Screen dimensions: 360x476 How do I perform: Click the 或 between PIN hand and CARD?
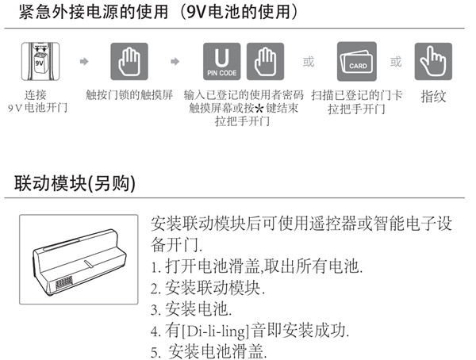tap(309, 60)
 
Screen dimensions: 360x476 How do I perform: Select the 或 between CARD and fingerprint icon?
tap(395, 60)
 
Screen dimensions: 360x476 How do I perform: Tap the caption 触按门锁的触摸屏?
tap(132, 94)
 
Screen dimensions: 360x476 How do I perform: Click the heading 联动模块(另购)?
tap(75, 183)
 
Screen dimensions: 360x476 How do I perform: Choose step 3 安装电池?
tap(190, 308)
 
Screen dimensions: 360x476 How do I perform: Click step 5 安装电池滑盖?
tap(214, 350)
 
